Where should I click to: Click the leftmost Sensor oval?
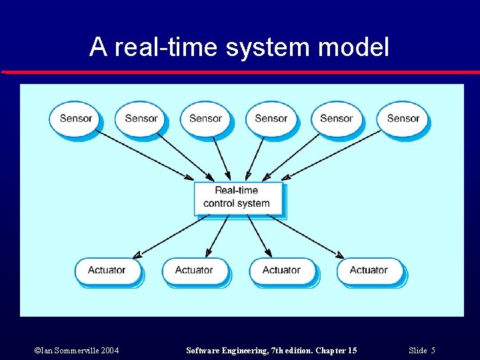pos(75,119)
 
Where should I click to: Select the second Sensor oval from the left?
pos(141,119)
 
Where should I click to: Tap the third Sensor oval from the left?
pos(205,119)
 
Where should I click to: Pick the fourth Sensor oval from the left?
pos(271,119)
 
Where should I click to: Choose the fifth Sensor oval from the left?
pos(336,119)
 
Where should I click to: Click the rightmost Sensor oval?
pos(403,119)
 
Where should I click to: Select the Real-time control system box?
pos(239,197)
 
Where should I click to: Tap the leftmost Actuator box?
pos(107,271)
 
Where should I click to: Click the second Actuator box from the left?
pos(194,271)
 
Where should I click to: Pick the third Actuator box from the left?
pos(281,271)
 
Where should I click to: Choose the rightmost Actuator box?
pos(369,271)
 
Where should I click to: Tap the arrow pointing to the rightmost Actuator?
pos(307,236)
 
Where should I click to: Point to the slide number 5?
pos(433,351)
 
